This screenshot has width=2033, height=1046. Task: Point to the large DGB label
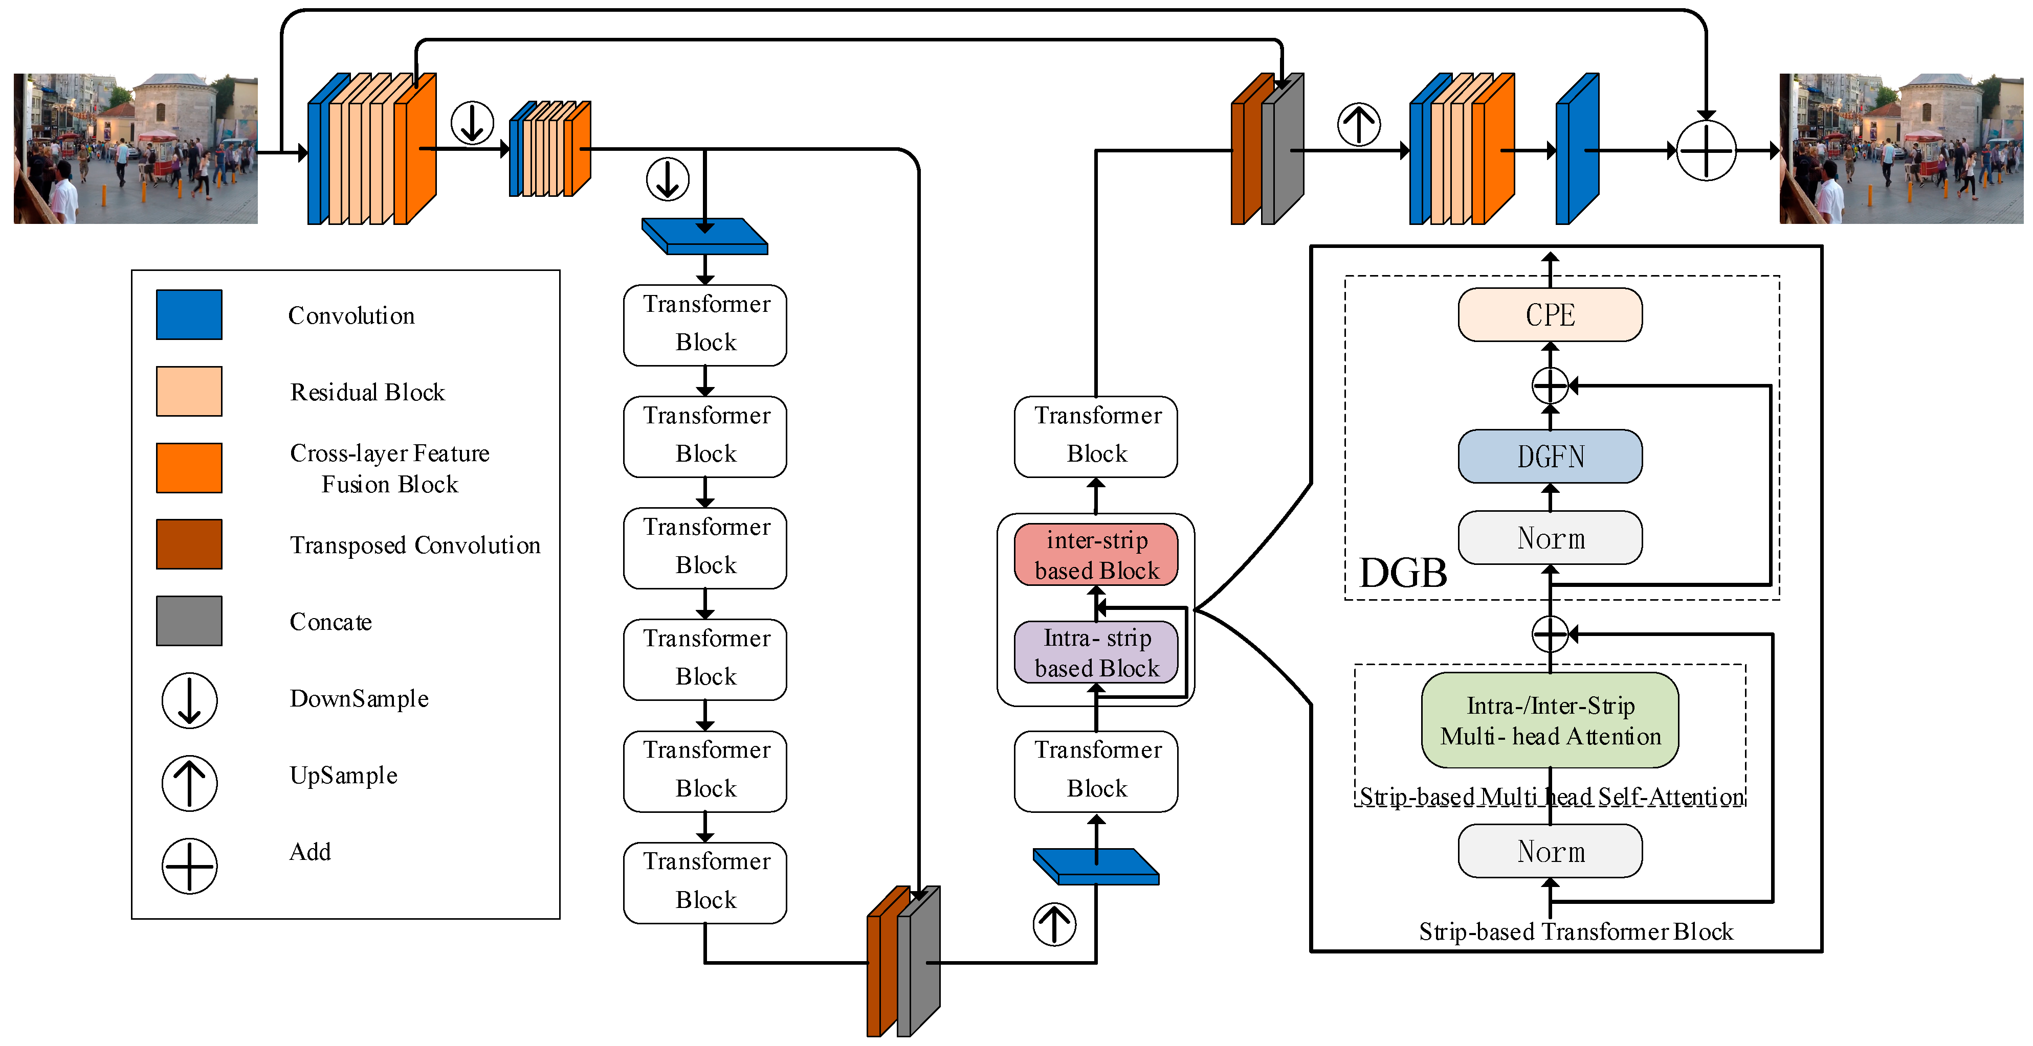tap(1402, 573)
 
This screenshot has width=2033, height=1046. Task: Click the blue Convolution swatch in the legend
tap(189, 315)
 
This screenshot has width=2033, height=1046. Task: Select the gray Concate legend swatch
tap(189, 621)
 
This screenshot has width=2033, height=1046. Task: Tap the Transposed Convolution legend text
tap(415, 545)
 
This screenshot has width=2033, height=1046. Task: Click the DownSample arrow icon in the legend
tap(189, 700)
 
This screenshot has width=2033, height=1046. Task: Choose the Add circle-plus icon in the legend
tap(189, 866)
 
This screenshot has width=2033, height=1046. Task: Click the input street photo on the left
tap(136, 149)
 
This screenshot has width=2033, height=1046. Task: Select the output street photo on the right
tap(1901, 149)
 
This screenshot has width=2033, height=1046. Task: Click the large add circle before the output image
tap(1706, 150)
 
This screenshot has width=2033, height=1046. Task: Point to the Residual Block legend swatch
tap(189, 391)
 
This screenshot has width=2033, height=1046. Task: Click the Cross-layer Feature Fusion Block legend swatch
tap(189, 468)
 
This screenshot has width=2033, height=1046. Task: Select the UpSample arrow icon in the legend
tap(189, 783)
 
